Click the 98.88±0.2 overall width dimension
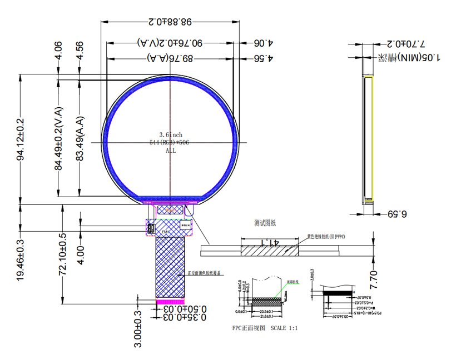(x=171, y=22)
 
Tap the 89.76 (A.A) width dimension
(x=171, y=58)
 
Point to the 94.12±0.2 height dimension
(x=21, y=139)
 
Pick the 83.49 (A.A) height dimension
(x=80, y=139)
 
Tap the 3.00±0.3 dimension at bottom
(x=139, y=329)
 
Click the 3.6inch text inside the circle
(x=171, y=134)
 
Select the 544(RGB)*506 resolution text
(x=171, y=142)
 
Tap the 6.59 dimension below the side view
(x=397, y=214)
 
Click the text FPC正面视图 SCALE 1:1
(x=265, y=328)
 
